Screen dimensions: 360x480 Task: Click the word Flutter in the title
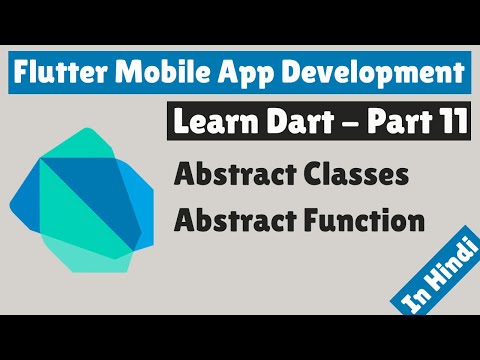click(61, 73)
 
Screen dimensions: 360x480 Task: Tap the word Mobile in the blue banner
click(155, 73)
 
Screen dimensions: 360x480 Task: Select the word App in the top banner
click(231, 74)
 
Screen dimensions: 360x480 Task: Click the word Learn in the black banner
click(207, 124)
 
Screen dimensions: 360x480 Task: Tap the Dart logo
click(89, 200)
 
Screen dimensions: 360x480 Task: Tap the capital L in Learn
click(180, 124)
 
